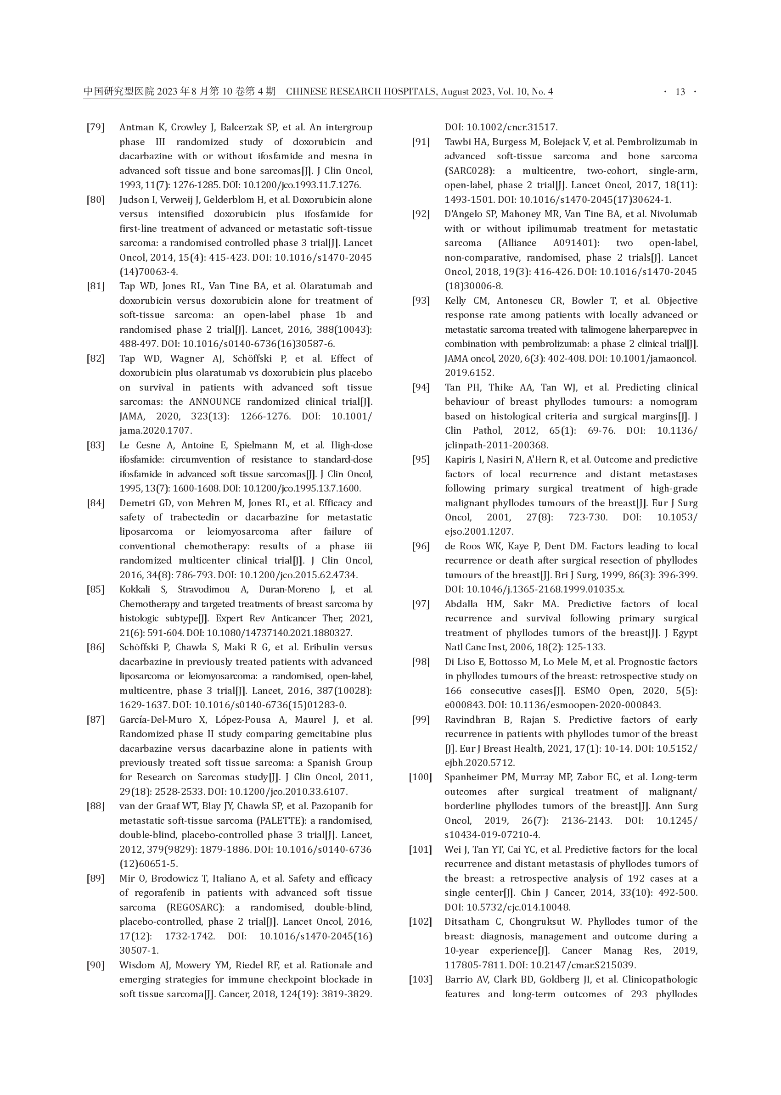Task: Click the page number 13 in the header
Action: (x=680, y=92)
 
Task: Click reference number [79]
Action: (x=96, y=128)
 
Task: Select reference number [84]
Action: (x=96, y=503)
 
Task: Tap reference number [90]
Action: (x=96, y=965)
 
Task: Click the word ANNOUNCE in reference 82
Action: (x=214, y=402)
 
